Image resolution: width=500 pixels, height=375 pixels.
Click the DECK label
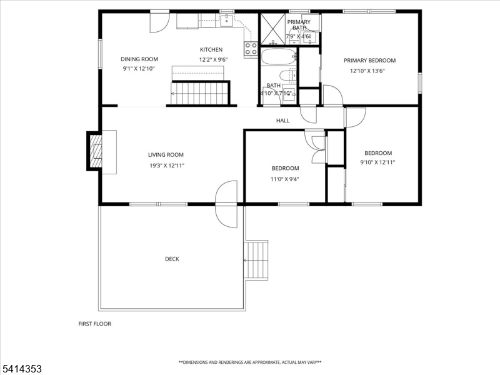click(x=172, y=259)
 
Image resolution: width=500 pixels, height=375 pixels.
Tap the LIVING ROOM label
click(x=166, y=155)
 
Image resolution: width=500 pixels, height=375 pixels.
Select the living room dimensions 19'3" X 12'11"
click(x=167, y=166)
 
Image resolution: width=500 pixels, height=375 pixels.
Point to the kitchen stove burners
click(x=251, y=49)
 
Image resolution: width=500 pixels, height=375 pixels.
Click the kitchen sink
click(x=227, y=21)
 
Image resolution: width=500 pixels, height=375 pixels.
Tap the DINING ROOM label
click(x=139, y=59)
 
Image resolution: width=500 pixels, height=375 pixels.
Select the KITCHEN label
click(x=211, y=50)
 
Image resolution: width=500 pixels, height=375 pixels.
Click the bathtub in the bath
click(x=279, y=57)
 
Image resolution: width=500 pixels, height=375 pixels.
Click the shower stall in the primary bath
click(x=273, y=29)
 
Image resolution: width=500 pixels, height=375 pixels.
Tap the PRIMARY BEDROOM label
click(x=369, y=61)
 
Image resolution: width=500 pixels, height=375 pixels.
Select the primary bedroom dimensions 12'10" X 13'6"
click(x=367, y=71)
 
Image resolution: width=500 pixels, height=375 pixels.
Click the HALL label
click(x=283, y=121)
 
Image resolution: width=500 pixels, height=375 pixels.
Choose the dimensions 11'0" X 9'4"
click(x=285, y=179)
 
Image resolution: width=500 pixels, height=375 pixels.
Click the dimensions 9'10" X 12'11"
click(x=378, y=162)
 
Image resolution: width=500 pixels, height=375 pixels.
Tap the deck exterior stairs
click(x=256, y=261)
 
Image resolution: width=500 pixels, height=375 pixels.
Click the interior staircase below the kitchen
click(x=200, y=93)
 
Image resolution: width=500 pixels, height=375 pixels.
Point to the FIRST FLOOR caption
click(x=95, y=324)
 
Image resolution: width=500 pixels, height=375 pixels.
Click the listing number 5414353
click(x=21, y=369)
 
